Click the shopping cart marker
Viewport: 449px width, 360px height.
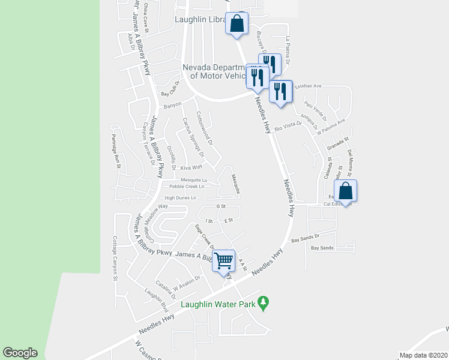224,261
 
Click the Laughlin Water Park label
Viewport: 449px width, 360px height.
218,304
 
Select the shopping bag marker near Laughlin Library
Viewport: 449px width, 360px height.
237,24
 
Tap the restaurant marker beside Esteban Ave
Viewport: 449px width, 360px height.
280,92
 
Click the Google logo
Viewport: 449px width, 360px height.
20,353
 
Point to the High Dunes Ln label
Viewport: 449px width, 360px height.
180,197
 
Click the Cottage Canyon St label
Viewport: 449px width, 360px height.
114,259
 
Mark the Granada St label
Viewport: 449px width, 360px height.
339,145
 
